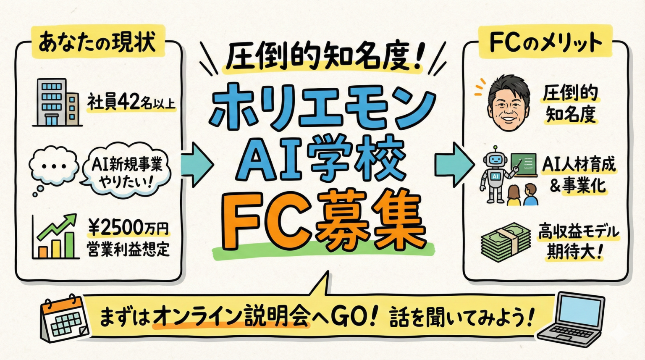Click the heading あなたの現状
pos(97,42)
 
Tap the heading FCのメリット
pos(545,42)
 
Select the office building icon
pos(58,102)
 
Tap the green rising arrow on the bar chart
pos(58,226)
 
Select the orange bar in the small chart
pos(43,252)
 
